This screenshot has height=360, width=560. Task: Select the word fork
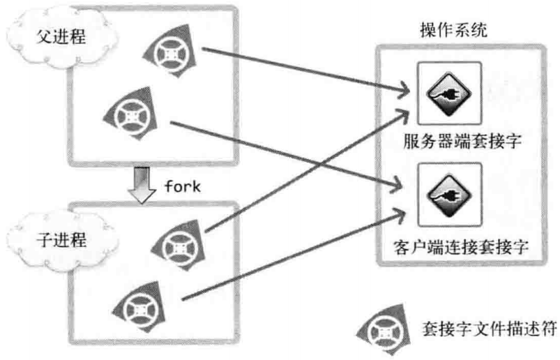183,187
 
